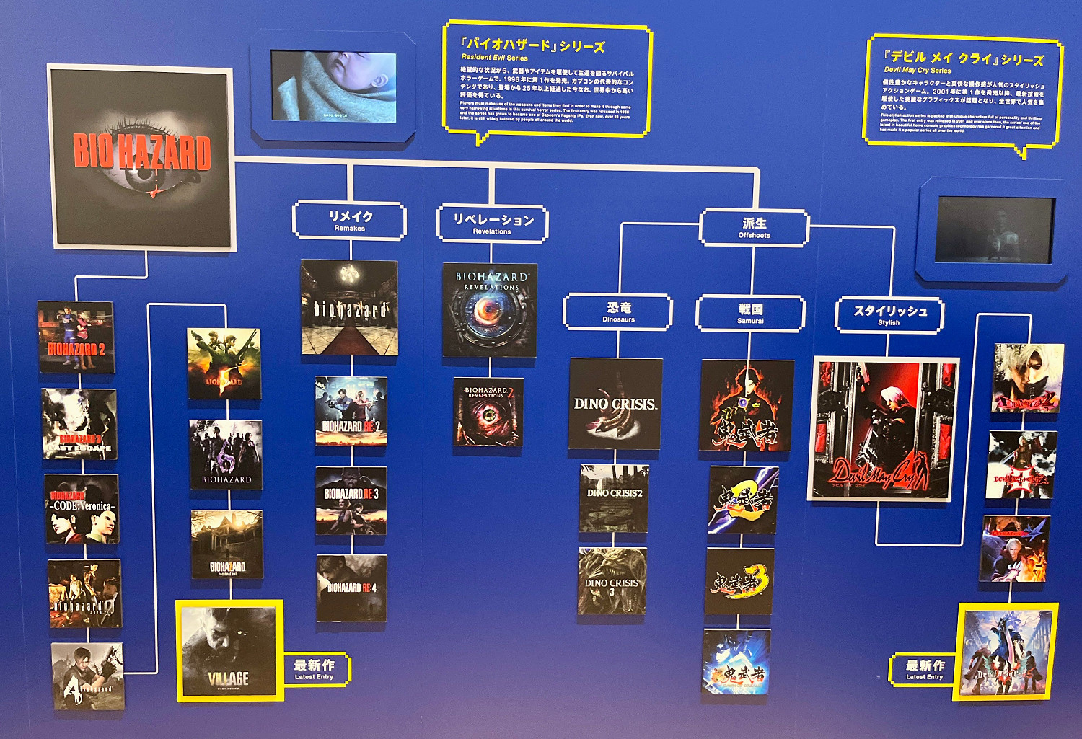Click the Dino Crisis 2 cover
[x=614, y=498]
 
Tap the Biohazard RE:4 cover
[x=351, y=588]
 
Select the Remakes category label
[x=350, y=220]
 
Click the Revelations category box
[x=493, y=224]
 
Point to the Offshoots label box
[x=754, y=228]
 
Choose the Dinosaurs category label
[x=618, y=312]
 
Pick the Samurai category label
[x=750, y=314]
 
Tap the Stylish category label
[x=889, y=315]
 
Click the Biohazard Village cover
[x=229, y=651]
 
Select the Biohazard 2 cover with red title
[x=76, y=337]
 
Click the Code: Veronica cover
[x=82, y=508]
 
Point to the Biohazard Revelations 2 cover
[x=488, y=412]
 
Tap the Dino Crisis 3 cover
[x=612, y=581]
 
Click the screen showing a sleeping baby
[x=333, y=86]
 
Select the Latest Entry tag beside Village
[x=315, y=669]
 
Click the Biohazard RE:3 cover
[x=351, y=500]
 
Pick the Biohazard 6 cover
[x=226, y=455]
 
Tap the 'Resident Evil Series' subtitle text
[x=494, y=58]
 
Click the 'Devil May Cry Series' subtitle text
[x=917, y=71]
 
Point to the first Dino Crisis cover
[x=615, y=404]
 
